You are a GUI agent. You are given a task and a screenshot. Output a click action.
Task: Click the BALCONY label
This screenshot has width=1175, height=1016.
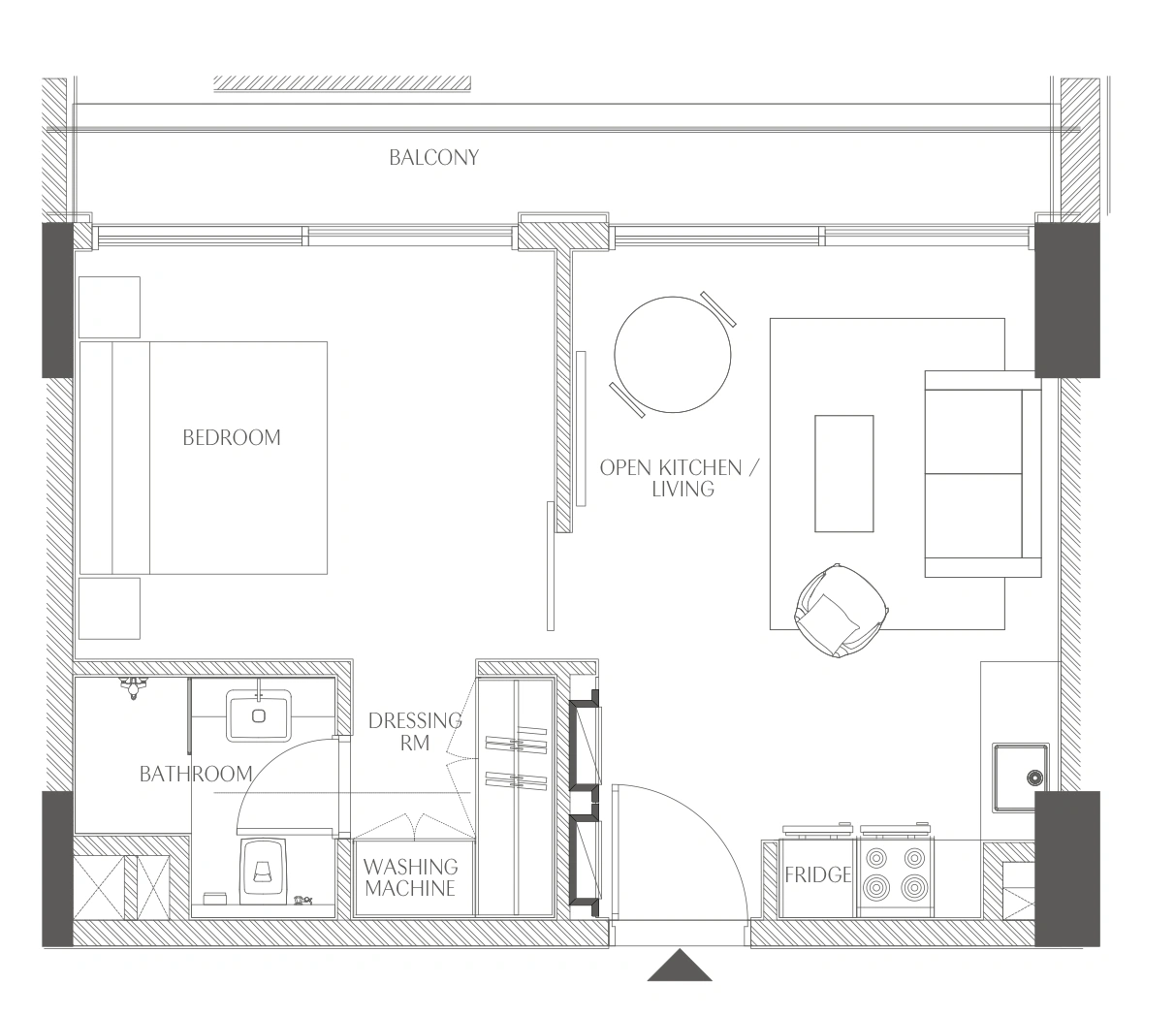click(x=433, y=157)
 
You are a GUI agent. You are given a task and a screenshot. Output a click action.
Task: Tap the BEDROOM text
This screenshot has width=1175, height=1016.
click(x=232, y=438)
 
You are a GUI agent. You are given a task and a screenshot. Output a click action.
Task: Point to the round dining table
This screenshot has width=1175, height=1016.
click(x=673, y=355)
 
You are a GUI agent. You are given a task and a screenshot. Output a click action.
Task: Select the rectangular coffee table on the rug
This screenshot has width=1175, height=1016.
click(x=844, y=474)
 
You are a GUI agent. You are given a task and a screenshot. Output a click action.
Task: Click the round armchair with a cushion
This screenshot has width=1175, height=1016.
click(x=841, y=611)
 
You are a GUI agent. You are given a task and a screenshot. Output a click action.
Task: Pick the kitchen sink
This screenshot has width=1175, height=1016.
click(x=1021, y=778)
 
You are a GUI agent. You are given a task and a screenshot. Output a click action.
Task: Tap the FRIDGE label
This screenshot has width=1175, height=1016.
click(x=817, y=875)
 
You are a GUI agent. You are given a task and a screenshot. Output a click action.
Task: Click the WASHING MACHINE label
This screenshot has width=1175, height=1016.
click(x=410, y=877)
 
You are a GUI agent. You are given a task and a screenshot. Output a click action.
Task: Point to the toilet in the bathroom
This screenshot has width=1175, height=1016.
click(x=263, y=871)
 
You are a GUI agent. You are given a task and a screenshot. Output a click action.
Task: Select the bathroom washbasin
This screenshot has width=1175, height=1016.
click(x=259, y=715)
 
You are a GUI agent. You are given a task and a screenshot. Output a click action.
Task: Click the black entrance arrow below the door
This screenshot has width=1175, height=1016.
click(x=680, y=965)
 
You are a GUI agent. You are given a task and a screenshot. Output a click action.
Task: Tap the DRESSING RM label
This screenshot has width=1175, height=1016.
click(x=414, y=732)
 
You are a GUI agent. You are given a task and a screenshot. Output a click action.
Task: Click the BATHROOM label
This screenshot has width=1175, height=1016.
click(x=196, y=774)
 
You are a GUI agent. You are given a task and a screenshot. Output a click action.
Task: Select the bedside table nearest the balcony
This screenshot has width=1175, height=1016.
click(x=110, y=307)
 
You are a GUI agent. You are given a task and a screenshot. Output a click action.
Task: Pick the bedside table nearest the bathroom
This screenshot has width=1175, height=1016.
click(x=110, y=609)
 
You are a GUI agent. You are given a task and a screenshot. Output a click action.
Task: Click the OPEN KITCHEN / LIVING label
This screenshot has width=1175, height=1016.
click(x=680, y=478)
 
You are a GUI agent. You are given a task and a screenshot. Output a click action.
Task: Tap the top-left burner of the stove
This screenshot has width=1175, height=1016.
click(x=877, y=857)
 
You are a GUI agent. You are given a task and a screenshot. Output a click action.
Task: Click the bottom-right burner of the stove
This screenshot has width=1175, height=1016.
click(x=914, y=886)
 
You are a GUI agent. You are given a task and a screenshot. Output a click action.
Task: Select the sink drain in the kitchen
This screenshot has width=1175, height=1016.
click(x=1034, y=778)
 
